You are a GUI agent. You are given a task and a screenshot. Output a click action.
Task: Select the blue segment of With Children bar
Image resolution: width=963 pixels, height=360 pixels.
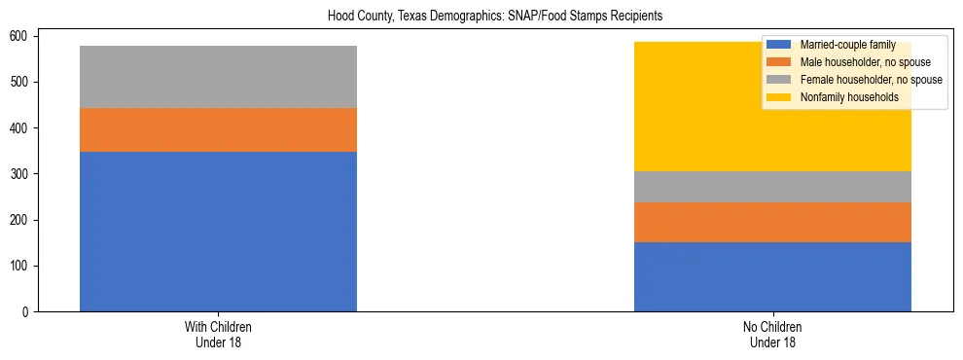tap(218, 232)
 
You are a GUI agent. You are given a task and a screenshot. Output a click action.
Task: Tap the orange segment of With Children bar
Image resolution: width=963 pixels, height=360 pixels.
tap(218, 129)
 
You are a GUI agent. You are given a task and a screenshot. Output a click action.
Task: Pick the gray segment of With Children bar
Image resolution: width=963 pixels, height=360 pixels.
tap(218, 77)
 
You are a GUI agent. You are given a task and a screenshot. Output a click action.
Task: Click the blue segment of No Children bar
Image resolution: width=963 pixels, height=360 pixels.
tap(772, 276)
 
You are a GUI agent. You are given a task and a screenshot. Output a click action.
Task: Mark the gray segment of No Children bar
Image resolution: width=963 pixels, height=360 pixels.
tap(772, 187)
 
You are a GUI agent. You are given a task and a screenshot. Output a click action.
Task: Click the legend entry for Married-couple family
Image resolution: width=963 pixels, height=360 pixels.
tap(846, 45)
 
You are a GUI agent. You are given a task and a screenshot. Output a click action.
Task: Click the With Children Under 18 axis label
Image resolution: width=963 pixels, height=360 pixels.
tap(218, 334)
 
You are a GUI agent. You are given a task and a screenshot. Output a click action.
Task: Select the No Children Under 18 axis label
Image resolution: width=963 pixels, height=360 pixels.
tap(772, 334)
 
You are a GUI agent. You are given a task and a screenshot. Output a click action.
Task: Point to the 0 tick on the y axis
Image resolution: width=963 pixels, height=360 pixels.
tap(28, 312)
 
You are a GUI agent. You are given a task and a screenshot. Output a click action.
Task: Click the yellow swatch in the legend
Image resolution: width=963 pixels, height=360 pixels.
tap(779, 97)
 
